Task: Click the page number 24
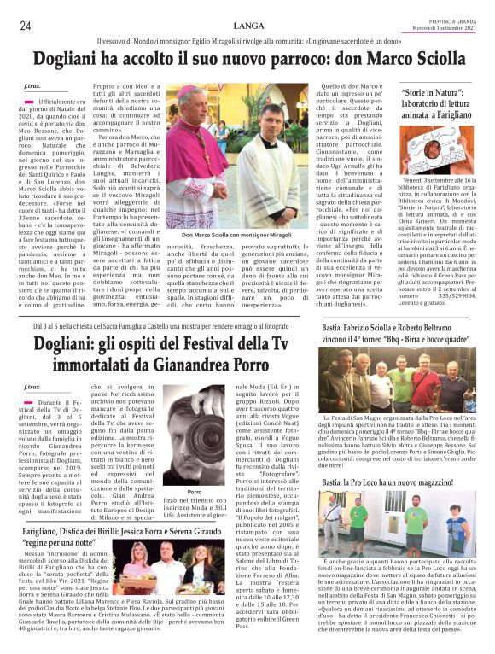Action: click(26, 25)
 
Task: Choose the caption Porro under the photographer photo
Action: click(195, 493)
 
